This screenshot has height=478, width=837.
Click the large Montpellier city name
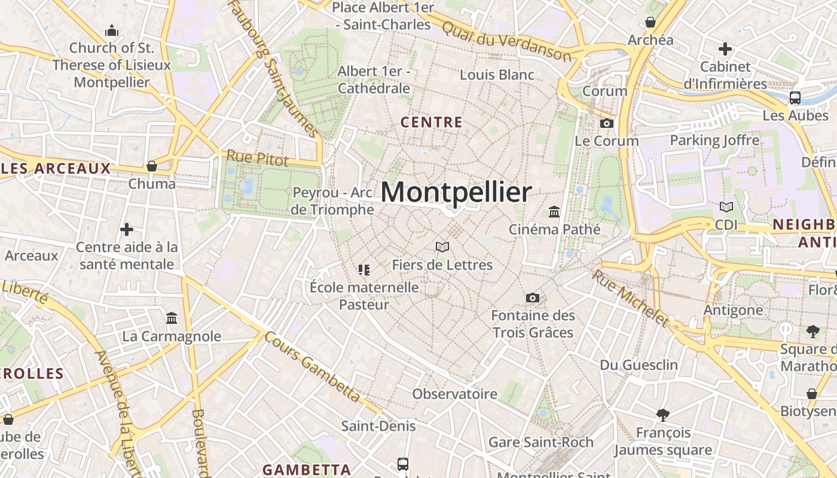coord(456,192)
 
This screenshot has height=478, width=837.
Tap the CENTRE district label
coord(431,122)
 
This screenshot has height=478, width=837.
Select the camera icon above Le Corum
coord(606,123)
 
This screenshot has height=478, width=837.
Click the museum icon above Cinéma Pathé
coord(554,212)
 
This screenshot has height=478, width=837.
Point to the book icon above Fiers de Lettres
coord(442,247)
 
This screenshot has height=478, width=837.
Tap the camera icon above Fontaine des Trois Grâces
coord(532,298)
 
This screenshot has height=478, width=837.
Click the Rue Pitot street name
coord(257,158)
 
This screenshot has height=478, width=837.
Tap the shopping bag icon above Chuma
coord(152,166)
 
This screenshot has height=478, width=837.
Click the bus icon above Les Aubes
coord(795,98)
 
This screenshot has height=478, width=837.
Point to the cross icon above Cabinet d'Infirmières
coord(725,49)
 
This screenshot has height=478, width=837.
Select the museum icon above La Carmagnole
coord(172,318)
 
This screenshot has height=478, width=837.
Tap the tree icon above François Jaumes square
coord(662,415)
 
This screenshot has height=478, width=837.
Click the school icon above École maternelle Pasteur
coord(363,269)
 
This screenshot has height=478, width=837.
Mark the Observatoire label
coord(454,394)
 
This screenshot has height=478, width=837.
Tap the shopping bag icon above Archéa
coord(650,23)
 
